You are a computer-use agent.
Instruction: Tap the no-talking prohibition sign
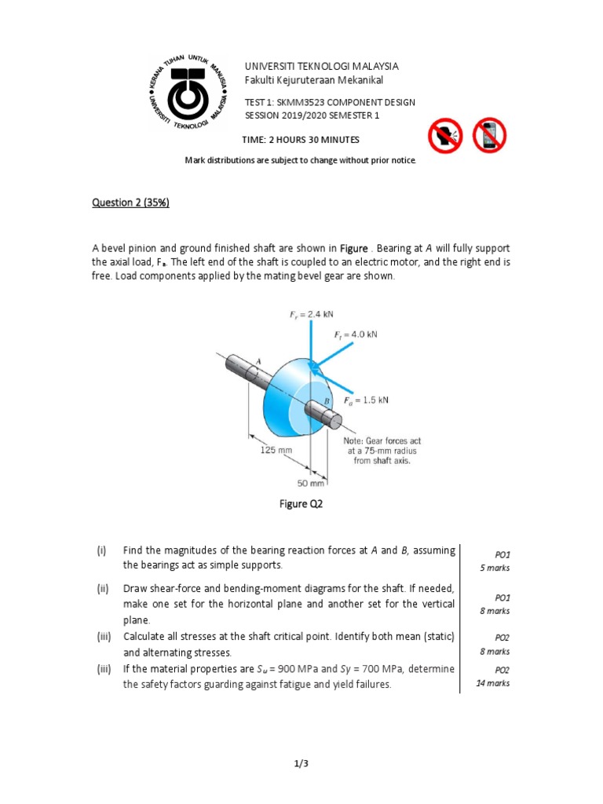coord(446,136)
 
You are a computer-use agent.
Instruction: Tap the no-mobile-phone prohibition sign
coord(488,136)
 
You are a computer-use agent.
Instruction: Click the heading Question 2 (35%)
coord(130,203)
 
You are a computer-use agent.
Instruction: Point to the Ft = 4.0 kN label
coord(356,334)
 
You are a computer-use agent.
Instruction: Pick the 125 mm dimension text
coord(276,451)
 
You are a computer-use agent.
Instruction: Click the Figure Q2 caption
coord(301,504)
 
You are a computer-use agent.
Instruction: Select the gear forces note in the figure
coord(377,451)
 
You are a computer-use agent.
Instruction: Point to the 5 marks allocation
coord(495,568)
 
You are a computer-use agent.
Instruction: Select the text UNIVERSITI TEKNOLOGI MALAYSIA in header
coord(322,66)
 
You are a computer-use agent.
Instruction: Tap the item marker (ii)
coord(102,588)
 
